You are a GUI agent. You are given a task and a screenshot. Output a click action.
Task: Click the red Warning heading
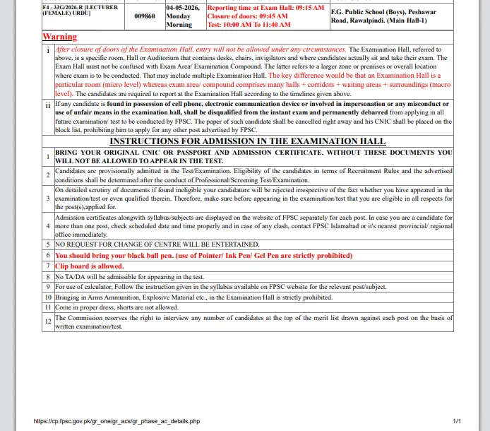60,36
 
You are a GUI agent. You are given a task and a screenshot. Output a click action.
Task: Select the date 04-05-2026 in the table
183,7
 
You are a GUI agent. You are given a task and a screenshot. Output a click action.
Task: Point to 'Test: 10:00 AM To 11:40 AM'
249,24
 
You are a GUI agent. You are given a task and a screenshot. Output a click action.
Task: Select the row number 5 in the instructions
48,244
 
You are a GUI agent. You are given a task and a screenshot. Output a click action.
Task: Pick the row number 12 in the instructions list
48,321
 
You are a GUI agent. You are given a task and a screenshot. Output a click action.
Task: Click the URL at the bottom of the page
116,421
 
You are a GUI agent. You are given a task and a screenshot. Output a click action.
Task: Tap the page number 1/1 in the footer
457,421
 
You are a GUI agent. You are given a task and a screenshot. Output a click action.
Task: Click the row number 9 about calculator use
48,287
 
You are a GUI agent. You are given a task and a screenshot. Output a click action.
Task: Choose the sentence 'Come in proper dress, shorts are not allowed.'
116,307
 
